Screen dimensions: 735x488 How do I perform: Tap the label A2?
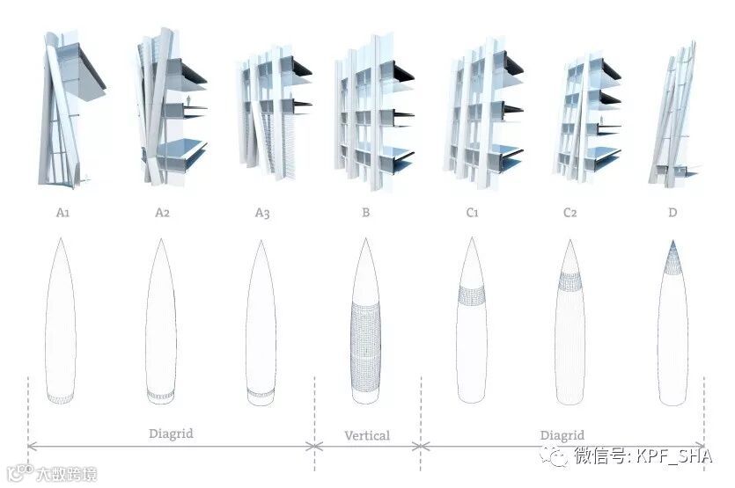tap(163, 213)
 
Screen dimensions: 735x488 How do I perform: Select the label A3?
tap(262, 213)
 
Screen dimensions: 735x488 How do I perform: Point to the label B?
tap(366, 213)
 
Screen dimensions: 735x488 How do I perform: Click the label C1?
tap(471, 213)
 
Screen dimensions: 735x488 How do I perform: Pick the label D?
tap(673, 213)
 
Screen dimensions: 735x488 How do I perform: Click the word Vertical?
tap(367, 435)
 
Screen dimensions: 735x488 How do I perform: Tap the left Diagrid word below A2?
tap(171, 433)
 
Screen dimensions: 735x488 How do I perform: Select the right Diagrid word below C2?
tap(562, 435)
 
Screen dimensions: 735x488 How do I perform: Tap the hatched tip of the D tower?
tap(673, 254)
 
